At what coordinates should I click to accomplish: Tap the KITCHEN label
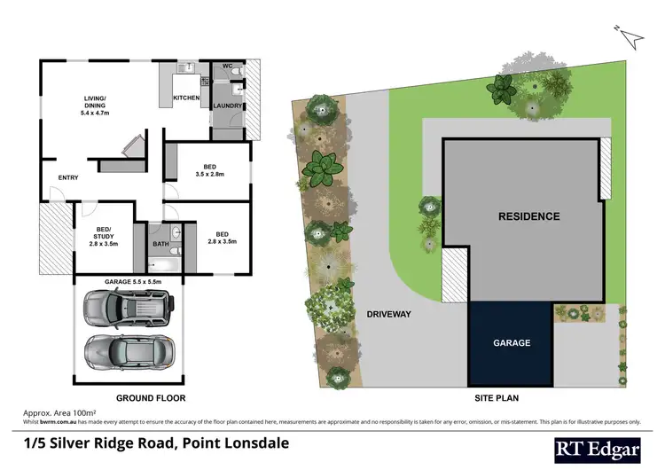[x=186, y=97]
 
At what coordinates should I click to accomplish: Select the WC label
[x=227, y=67]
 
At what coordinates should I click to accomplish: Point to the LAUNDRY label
[x=228, y=106]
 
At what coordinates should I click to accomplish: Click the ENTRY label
[x=68, y=177]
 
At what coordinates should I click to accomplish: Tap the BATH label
[x=160, y=243]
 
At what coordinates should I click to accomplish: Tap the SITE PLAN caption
[x=497, y=398]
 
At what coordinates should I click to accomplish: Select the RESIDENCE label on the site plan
[x=528, y=215]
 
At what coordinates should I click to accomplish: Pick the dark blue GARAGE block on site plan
[x=512, y=341]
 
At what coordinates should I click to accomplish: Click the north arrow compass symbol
[x=630, y=35]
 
